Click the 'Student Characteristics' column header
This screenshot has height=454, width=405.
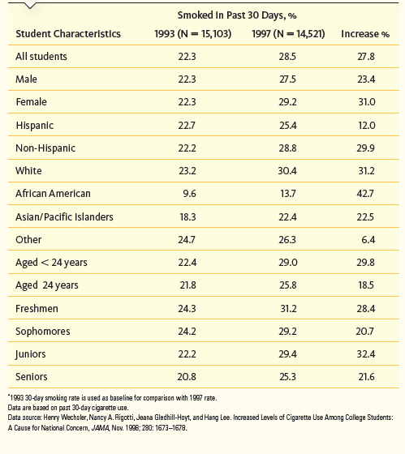[x=68, y=34]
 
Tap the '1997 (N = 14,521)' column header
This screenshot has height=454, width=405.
[x=282, y=34]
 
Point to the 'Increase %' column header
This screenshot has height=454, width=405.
[x=364, y=34]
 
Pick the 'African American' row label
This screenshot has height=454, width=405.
[x=53, y=194]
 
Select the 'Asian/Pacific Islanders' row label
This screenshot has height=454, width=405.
[x=64, y=216]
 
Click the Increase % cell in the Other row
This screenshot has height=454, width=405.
[x=366, y=240]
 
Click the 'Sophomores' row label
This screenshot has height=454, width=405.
[x=43, y=332]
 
